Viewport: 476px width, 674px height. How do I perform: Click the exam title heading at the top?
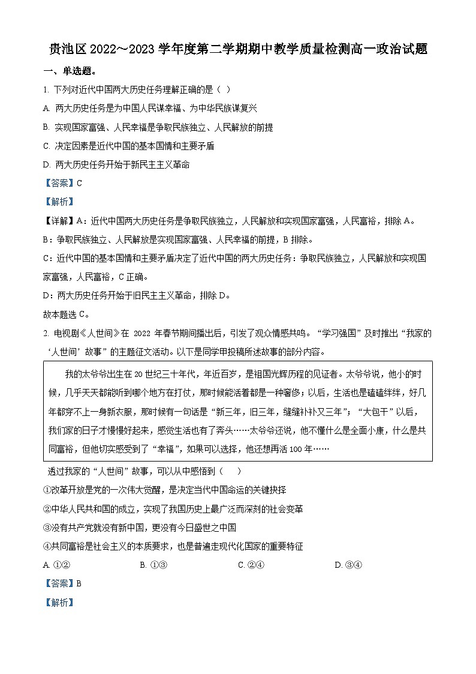238,50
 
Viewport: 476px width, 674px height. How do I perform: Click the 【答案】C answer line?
62,183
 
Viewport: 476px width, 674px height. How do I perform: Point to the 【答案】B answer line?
62,583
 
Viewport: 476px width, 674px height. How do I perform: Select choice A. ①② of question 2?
58,564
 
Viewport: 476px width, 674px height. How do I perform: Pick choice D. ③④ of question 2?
348,564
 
